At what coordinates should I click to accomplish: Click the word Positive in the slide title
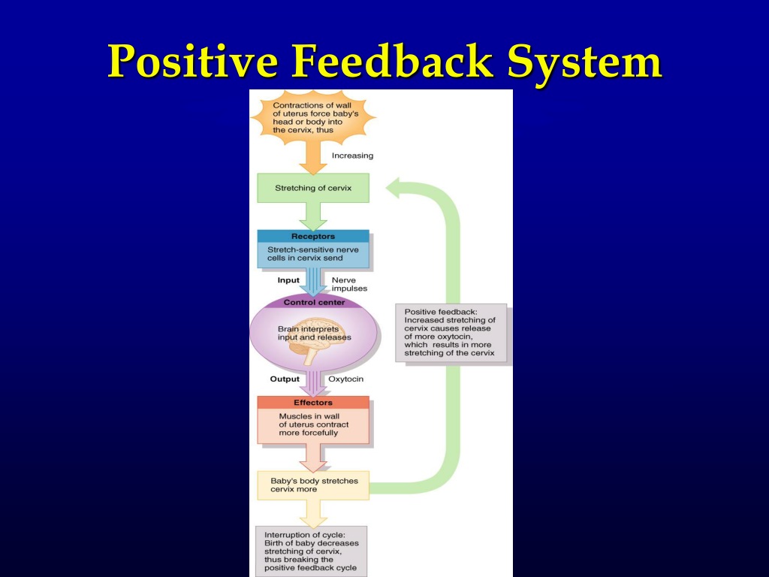coord(193,61)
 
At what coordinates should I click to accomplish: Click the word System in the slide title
coord(584,62)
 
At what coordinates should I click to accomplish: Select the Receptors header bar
coord(313,236)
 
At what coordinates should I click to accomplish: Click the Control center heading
coord(314,302)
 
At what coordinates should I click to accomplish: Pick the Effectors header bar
coord(313,403)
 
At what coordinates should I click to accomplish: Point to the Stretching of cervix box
coord(313,188)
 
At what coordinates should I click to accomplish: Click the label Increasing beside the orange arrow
coord(352,156)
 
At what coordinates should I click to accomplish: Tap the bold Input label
coord(288,280)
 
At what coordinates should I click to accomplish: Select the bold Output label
coord(285,379)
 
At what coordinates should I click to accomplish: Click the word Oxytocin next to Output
coord(345,379)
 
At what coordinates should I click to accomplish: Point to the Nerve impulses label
coord(349,284)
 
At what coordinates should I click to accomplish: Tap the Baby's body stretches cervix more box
coord(313,485)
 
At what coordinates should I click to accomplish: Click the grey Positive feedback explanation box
coord(451,333)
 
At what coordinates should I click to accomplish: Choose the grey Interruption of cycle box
coord(312,551)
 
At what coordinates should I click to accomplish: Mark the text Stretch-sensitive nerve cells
coord(313,254)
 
